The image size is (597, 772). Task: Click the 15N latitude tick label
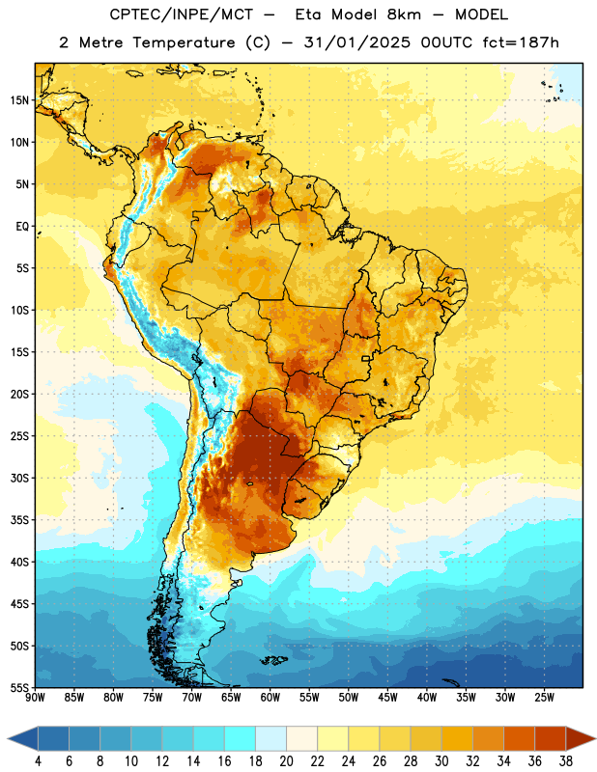pos(19,100)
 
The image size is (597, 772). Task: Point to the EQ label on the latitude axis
pos(22,227)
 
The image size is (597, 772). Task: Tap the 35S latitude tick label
pos(19,520)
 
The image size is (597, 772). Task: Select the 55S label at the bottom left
pos(19,687)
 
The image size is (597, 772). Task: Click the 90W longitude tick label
pos(35,698)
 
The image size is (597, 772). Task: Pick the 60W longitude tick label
pos(270,698)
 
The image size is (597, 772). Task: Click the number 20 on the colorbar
pos(286,761)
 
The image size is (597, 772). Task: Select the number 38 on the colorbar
pos(566,761)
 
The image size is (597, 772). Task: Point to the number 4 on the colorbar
pos(38,761)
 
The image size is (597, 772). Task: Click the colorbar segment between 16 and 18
pos(241,738)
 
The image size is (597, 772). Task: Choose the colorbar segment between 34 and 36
pos(519,738)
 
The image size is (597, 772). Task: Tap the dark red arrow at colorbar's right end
pos(580,738)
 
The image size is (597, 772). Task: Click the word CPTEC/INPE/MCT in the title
pos(181,14)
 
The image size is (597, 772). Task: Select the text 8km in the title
pos(404,14)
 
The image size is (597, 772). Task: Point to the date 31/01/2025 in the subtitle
pos(356,42)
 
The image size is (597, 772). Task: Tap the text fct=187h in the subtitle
pos(521,42)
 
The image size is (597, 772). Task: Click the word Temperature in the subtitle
pos(184,43)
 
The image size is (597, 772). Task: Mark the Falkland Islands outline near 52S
pos(273,660)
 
